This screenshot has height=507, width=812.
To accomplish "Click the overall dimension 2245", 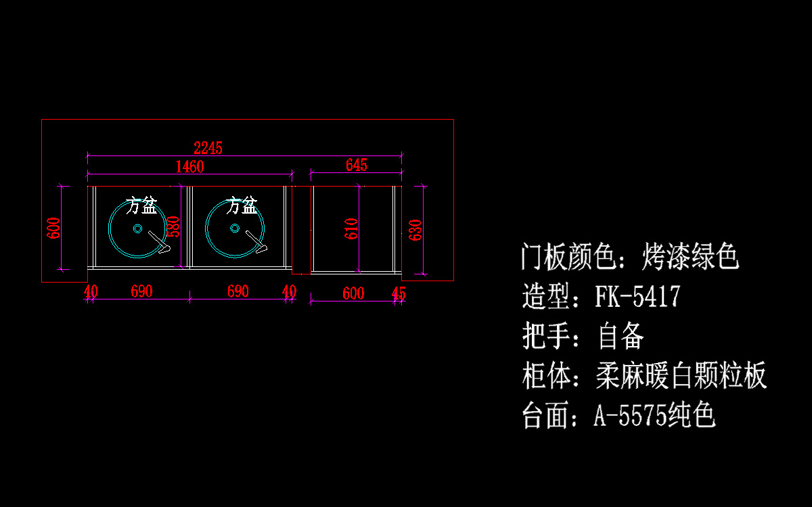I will click(x=208, y=148).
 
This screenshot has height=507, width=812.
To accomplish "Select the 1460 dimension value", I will click(x=189, y=166).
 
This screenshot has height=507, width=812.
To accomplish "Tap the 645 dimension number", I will click(x=356, y=166).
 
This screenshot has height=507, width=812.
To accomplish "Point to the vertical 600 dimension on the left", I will click(x=54, y=228).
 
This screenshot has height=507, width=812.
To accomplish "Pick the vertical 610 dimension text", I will click(x=351, y=229).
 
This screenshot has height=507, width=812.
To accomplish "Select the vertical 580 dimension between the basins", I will click(x=174, y=226).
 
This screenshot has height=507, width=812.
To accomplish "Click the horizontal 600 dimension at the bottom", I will click(x=353, y=293).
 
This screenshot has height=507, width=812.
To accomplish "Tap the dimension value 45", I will click(x=399, y=293).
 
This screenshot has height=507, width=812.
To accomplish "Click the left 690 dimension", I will click(x=141, y=292).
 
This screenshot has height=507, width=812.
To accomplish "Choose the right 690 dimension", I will click(x=238, y=292).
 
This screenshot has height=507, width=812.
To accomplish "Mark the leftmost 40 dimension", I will click(x=91, y=292).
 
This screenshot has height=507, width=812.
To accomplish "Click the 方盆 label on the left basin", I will click(x=141, y=205).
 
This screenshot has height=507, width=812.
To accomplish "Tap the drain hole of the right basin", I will click(x=234, y=228).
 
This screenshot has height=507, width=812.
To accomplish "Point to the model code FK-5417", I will click(x=637, y=297).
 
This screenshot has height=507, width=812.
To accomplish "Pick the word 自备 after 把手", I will click(x=621, y=336).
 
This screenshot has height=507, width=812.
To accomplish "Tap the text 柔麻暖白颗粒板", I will click(x=681, y=376).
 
